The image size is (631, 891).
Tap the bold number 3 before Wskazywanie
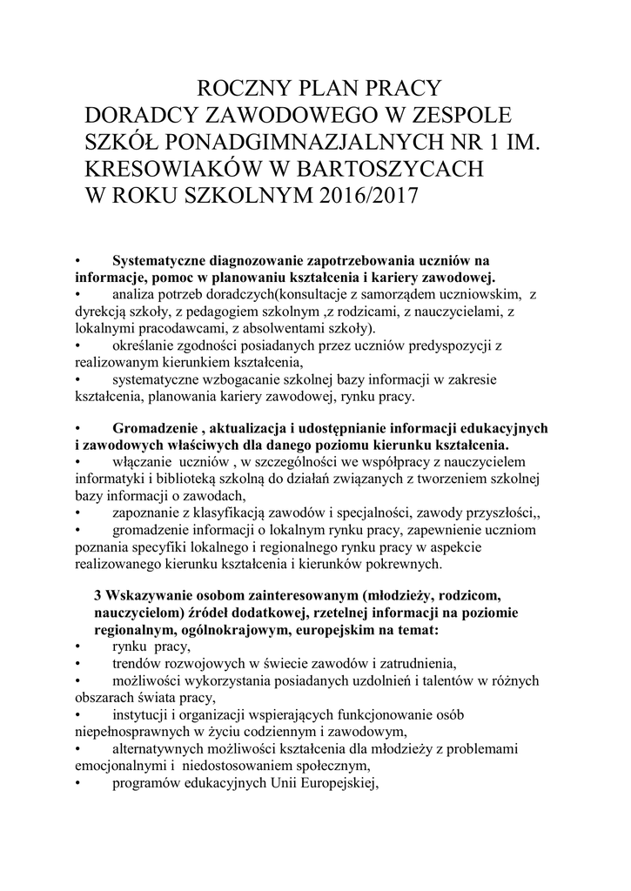tap(97, 595)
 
